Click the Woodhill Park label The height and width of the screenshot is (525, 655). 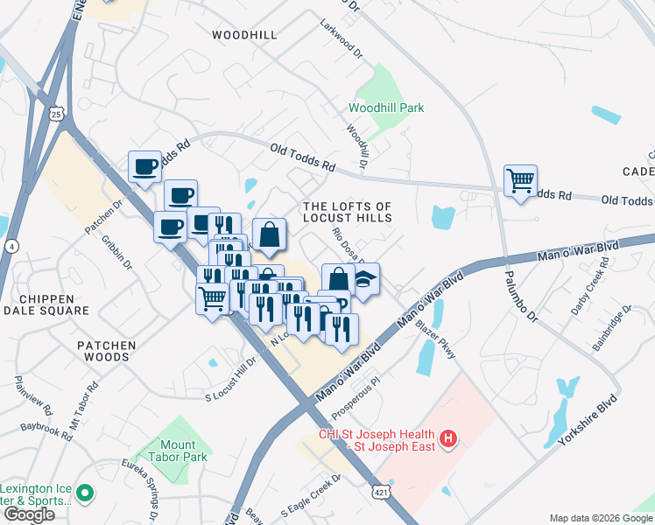pyautogui.click(x=386, y=108)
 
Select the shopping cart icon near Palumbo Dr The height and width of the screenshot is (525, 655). pyautogui.click(x=520, y=181)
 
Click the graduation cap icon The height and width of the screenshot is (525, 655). pyautogui.click(x=363, y=280)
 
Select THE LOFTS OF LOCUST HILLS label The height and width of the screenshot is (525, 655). pyautogui.click(x=346, y=212)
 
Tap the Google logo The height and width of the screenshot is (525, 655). pyautogui.click(x=29, y=514)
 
